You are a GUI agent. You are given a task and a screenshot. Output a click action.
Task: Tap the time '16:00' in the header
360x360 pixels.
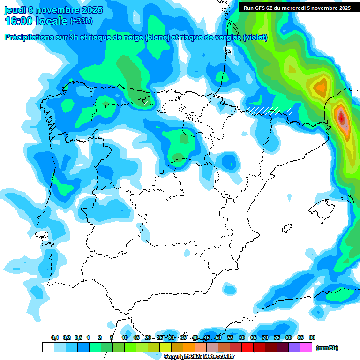pyautogui.click(x=18, y=22)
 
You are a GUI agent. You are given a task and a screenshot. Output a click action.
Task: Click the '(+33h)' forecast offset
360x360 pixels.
pyautogui.click(x=81, y=21)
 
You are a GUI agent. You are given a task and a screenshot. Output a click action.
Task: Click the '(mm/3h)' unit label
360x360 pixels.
pyautogui.click(x=327, y=348)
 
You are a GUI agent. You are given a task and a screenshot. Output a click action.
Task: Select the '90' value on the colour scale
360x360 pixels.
pyautogui.click(x=312, y=338)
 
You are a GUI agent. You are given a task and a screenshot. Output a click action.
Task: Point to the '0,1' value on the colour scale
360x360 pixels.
pyautogui.click(x=55, y=338)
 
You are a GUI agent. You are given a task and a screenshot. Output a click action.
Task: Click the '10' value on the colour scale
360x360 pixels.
pyautogui.click(x=125, y=338)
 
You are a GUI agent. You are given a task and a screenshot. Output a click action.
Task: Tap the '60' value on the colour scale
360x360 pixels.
pyautogui.click(x=242, y=338)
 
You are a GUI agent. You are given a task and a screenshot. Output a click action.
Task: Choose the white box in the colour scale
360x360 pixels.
pyautogui.click(x=48, y=347)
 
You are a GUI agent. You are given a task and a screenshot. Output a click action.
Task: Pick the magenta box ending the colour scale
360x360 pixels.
pyautogui.click(x=306, y=347)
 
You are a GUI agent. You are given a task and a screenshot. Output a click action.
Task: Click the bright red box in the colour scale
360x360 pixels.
pyautogui.click(x=247, y=347)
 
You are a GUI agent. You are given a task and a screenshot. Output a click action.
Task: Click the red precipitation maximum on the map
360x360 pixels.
pyautogui.click(x=341, y=115)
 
